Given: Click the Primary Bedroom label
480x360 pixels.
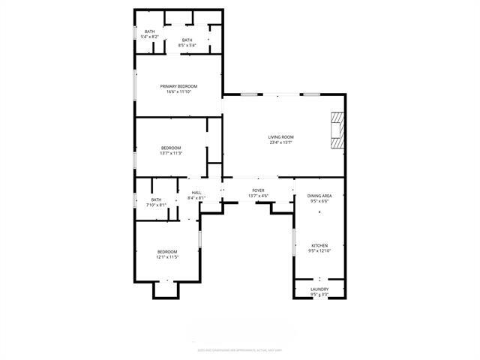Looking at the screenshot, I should click(178, 86).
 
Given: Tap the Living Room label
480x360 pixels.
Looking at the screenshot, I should click(281, 136).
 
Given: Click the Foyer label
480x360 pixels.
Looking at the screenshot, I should click(258, 190).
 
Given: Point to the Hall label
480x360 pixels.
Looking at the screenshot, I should click(196, 193).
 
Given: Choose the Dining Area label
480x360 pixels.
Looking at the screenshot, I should click(319, 196).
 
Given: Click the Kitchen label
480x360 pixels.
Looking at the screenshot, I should click(319, 245).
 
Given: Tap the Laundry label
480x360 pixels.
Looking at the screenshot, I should click(319, 289).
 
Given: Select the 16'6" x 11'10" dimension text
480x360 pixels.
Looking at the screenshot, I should click(178, 92).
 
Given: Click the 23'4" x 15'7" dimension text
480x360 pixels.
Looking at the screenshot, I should click(281, 142).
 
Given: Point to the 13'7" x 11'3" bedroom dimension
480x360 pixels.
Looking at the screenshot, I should click(171, 154).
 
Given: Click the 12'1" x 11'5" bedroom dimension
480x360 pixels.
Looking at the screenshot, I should click(167, 257).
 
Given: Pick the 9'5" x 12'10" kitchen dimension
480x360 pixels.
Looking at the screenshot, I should click(319, 251).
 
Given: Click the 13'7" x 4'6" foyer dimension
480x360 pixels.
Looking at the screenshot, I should click(258, 196).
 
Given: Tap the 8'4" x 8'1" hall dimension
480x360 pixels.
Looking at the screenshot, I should click(196, 198).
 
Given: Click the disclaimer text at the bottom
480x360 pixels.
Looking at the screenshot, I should click(239, 349).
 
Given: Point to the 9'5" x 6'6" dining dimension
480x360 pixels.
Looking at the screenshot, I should click(319, 201).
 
